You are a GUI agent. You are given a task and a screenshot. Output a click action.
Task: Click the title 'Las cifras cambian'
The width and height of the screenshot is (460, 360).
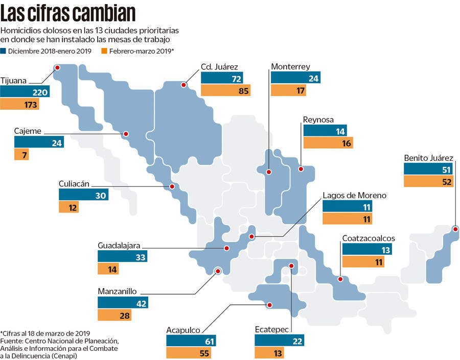click(68, 13)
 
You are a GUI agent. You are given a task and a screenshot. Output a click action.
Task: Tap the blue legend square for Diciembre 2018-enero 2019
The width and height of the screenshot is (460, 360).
click(4, 51)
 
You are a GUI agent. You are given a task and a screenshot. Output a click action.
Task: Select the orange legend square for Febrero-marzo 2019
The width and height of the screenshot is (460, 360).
click(104, 51)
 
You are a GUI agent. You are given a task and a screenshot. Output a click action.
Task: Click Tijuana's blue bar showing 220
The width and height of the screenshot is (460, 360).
click(26, 92)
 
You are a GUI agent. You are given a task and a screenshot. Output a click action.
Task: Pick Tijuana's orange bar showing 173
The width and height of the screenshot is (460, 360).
click(19, 105)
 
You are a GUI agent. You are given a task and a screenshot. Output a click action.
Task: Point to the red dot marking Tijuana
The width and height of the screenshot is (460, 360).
click(57, 67)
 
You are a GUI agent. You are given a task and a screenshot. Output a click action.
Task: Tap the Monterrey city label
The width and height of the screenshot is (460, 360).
click(290, 66)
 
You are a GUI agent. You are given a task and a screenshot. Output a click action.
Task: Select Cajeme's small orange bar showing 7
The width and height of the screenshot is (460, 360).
click(21, 155)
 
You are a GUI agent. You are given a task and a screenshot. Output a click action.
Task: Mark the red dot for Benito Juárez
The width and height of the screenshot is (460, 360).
click(455, 229)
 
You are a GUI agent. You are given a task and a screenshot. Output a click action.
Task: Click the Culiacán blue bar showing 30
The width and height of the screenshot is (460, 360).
click(84, 195)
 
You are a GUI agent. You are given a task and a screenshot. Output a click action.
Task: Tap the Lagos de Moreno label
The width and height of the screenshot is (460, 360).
click(354, 195)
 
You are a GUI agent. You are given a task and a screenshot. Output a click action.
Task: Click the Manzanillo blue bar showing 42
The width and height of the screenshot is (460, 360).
click(123, 303)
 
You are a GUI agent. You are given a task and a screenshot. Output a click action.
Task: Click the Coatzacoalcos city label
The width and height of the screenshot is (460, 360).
click(368, 238)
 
